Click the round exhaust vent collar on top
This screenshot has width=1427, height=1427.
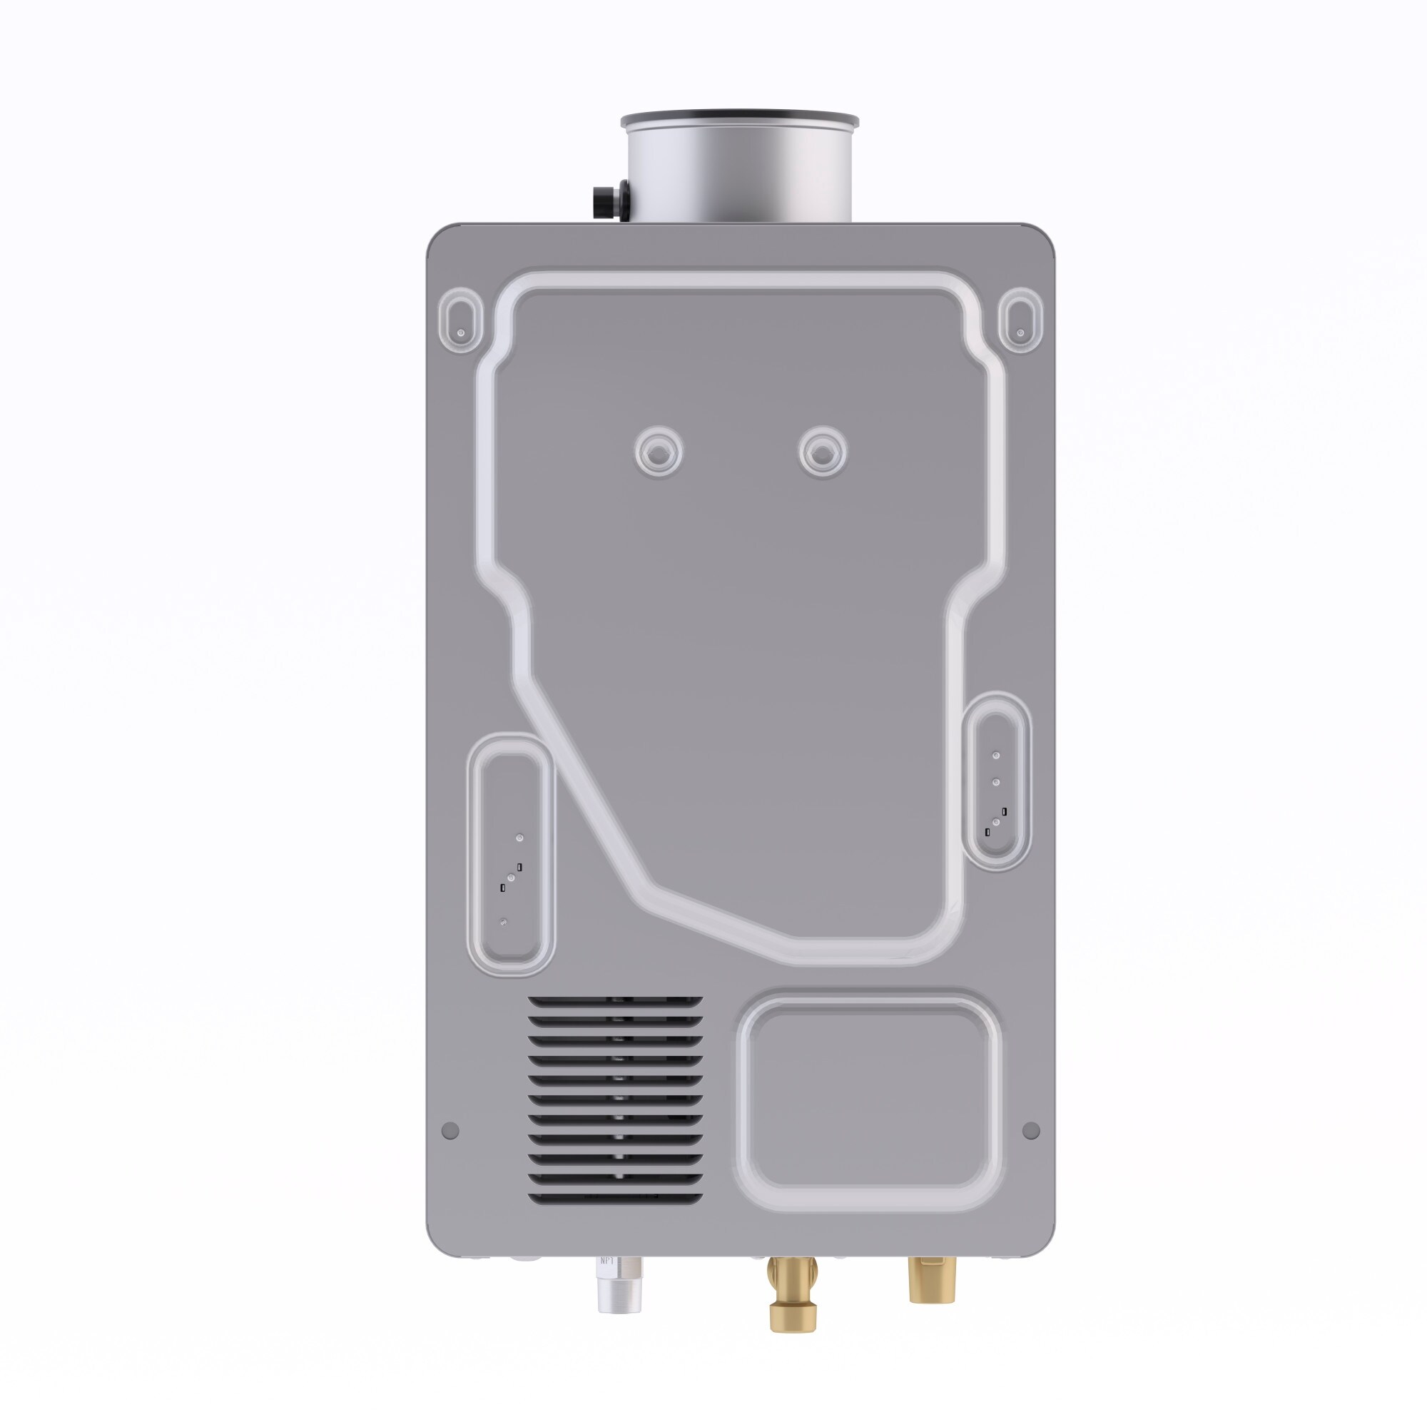[739, 173]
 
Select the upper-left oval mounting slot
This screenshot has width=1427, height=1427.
[461, 319]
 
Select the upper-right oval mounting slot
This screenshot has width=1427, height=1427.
[1020, 319]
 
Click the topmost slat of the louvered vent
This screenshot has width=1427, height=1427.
[614, 1002]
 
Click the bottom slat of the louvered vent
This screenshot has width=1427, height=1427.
[614, 1198]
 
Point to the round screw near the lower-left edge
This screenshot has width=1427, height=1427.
[450, 1130]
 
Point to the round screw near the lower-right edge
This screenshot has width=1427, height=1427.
[1031, 1130]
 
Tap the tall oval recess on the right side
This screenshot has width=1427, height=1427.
[995, 781]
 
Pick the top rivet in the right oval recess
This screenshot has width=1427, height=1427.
[995, 756]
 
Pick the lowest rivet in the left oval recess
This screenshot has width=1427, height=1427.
[504, 922]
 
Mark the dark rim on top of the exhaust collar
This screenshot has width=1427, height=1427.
[739, 118]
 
